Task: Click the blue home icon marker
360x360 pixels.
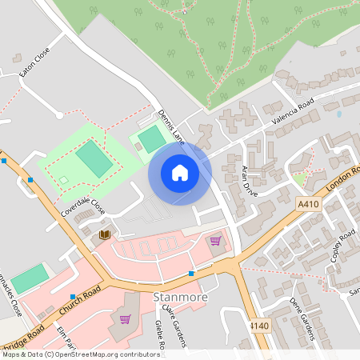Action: tap(180, 172)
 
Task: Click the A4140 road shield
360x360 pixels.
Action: tap(258, 326)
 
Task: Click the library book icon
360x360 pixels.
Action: tap(104, 234)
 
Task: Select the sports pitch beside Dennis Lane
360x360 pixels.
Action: tap(150, 139)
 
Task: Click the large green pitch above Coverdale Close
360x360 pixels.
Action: tap(94, 159)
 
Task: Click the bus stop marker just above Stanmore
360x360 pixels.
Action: tap(191, 274)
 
